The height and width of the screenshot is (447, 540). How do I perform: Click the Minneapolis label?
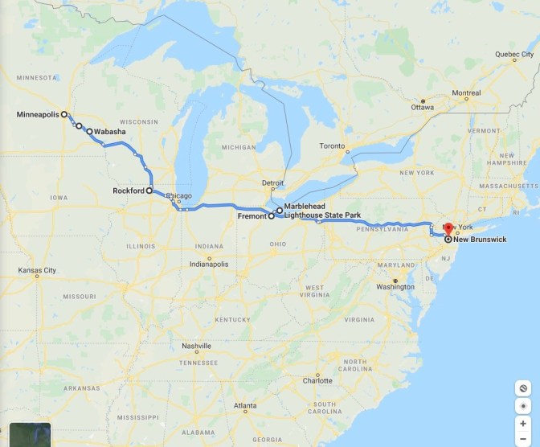click(x=37, y=115)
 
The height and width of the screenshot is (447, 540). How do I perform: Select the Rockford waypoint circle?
click(x=149, y=191)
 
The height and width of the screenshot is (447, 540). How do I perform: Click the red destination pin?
click(x=448, y=229)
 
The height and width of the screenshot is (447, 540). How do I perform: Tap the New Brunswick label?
click(x=480, y=239)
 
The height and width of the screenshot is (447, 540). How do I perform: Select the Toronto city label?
click(x=332, y=146)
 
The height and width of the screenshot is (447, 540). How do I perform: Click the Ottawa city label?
click(x=423, y=107)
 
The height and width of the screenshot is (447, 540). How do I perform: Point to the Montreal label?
click(x=466, y=92)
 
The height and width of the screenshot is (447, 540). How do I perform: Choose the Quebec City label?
click(x=515, y=54)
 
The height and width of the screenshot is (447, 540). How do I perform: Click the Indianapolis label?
click(x=208, y=264)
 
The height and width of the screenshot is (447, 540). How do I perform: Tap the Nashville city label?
click(x=196, y=347)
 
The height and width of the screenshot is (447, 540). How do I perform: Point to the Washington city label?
click(x=395, y=286)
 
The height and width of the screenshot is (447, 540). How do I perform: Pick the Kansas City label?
click(x=37, y=270)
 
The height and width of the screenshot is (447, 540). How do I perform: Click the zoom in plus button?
click(x=523, y=423)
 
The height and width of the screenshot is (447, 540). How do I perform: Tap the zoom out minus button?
click(x=523, y=438)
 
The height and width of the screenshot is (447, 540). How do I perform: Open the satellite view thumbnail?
click(x=30, y=435)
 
